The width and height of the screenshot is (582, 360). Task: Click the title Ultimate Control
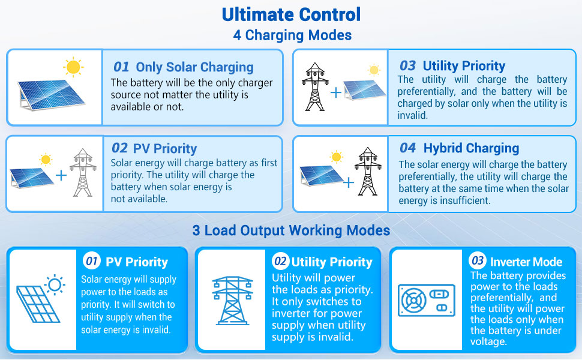point(291,14)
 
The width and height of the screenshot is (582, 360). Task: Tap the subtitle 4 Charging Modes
point(292,35)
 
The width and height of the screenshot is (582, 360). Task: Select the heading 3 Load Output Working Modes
point(291,230)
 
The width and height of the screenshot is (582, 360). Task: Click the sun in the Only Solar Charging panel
point(73,67)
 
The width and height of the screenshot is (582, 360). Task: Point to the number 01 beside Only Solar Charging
point(121,67)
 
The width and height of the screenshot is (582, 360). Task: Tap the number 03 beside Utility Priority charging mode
point(408,65)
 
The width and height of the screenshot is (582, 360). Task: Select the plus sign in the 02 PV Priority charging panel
point(61,175)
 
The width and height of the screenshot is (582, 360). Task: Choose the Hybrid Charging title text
point(471,148)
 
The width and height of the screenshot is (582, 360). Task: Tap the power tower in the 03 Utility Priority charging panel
point(313,87)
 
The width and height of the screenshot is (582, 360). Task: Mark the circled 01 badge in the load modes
point(92,261)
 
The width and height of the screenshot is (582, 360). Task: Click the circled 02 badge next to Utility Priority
point(280,261)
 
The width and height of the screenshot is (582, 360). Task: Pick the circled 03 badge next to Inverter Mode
point(478,260)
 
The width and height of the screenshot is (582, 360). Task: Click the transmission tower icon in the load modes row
point(232,299)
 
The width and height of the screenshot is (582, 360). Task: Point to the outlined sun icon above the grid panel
point(55,284)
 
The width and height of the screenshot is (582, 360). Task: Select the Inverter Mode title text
point(526,262)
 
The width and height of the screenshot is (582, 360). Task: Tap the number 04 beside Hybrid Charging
point(408,148)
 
